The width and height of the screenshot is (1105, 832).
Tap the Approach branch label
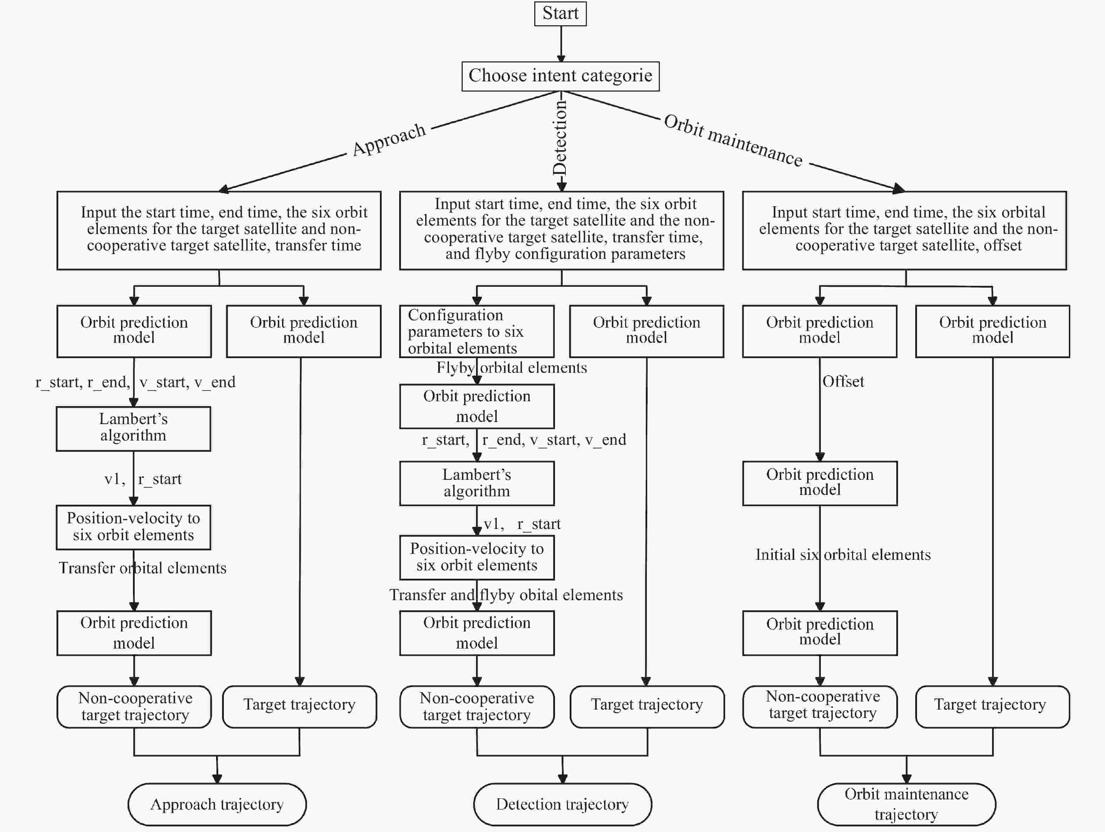(x=389, y=139)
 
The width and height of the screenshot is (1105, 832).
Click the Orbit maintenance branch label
(x=733, y=140)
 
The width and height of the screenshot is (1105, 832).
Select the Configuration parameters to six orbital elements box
(x=477, y=331)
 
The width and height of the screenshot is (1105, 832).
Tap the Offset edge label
(x=843, y=382)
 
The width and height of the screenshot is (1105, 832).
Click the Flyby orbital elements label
(x=511, y=368)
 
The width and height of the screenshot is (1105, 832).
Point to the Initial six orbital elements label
(x=843, y=555)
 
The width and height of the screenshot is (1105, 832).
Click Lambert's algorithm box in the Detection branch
(x=477, y=483)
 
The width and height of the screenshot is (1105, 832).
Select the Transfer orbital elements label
(x=142, y=568)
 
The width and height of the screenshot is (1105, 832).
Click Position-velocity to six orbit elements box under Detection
(x=477, y=557)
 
